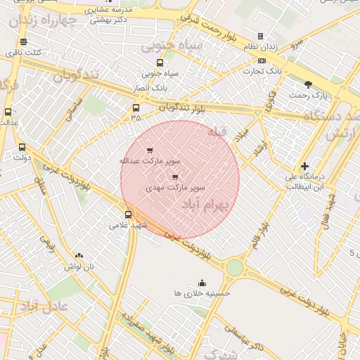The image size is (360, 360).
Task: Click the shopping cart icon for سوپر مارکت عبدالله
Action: coord(149,150)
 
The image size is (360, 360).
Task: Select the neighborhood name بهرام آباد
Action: coord(206,205)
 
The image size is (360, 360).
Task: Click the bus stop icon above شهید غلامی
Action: coord(128,214)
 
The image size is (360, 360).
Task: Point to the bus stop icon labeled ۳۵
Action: coord(136,108)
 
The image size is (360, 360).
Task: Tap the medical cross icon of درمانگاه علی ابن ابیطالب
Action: coord(304,166)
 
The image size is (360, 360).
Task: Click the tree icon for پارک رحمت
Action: coord(308,84)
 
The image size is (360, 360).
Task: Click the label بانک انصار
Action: coord(148,88)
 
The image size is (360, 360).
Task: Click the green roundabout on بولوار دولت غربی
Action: coord(234,267)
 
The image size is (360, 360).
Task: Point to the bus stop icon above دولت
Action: coord(22,147)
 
